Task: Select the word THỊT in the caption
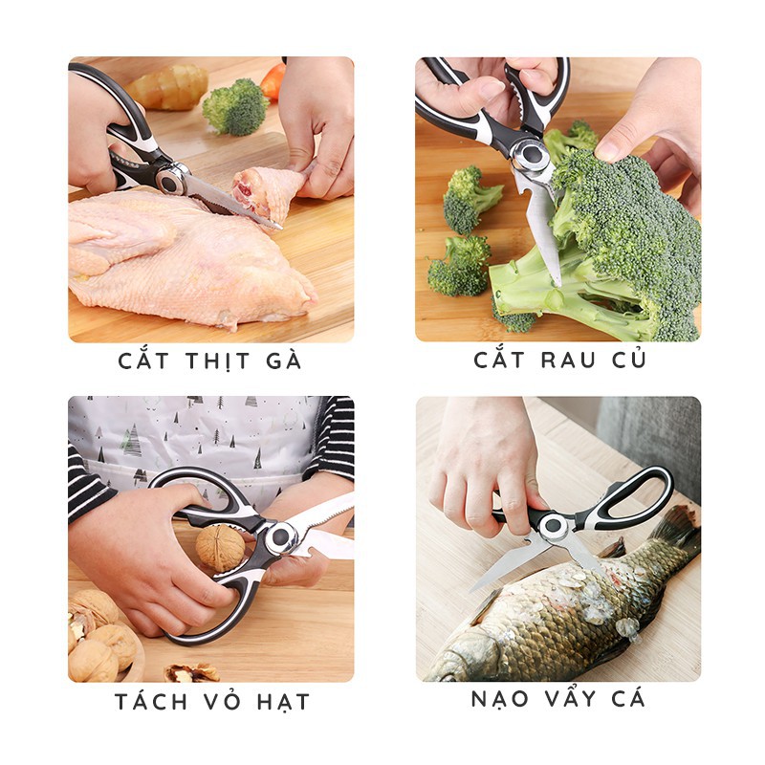pos(215,361)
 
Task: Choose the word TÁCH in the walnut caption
pos(151,702)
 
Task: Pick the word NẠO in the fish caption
pos(499,699)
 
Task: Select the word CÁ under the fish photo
pos(627,699)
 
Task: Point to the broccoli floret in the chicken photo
pos(234,106)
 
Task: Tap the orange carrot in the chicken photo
pos(273,82)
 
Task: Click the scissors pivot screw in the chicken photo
pos(170,178)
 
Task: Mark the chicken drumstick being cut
pos(264,191)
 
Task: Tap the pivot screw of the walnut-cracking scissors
pos(279,538)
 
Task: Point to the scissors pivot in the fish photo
pos(553,525)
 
